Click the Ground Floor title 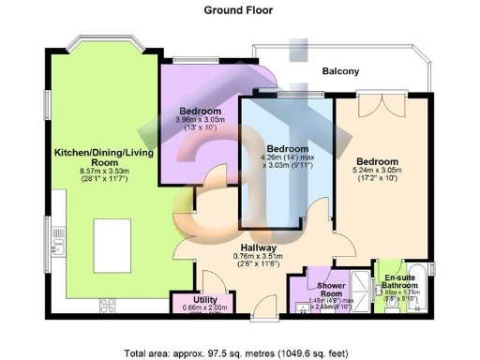coord(239,10)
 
